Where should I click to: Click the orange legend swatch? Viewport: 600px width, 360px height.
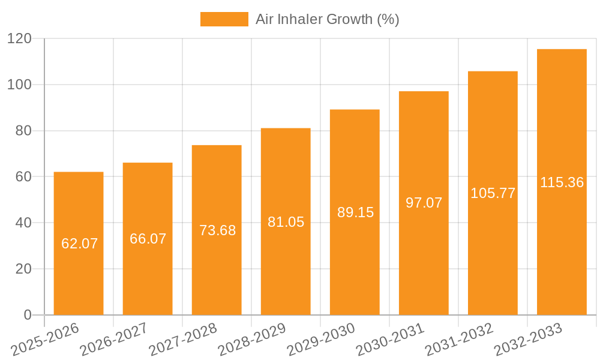[224, 19]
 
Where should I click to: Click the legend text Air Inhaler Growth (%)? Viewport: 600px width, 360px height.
[327, 19]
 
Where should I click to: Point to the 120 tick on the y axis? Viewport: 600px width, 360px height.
[23, 38]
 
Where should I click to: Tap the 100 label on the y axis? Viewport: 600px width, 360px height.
[23, 85]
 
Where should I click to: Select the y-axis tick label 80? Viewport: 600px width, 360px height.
[27, 131]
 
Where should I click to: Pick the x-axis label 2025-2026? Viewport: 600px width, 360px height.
[46, 338]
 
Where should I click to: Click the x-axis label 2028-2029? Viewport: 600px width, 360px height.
[252, 338]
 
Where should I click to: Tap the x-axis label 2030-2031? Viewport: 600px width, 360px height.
[390, 338]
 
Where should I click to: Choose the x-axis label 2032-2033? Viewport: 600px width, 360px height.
[528, 338]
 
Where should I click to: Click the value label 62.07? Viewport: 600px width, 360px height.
[79, 244]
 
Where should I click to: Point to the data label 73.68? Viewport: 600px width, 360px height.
[217, 230]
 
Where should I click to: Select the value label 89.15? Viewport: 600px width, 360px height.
[355, 212]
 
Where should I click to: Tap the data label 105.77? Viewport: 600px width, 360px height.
[493, 193]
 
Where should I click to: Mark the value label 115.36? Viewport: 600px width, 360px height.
[562, 182]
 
